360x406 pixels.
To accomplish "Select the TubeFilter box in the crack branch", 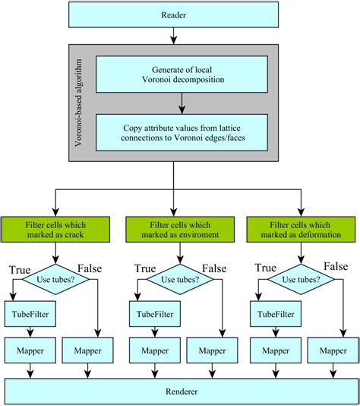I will point(27,312).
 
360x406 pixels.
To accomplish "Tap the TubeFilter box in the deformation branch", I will point(271,312).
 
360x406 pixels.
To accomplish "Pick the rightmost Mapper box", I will point(332,351).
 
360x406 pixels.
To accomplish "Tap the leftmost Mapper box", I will point(27,351).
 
